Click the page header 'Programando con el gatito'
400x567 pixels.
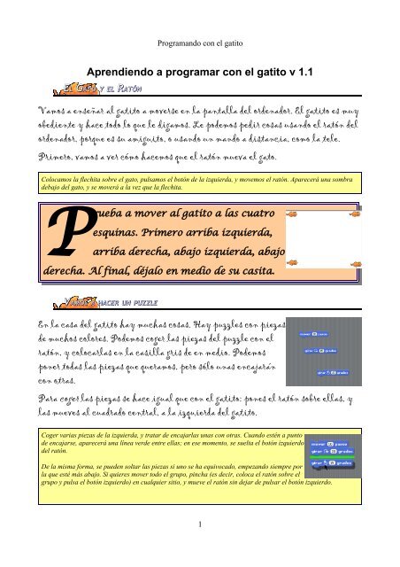[x=199, y=41]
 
